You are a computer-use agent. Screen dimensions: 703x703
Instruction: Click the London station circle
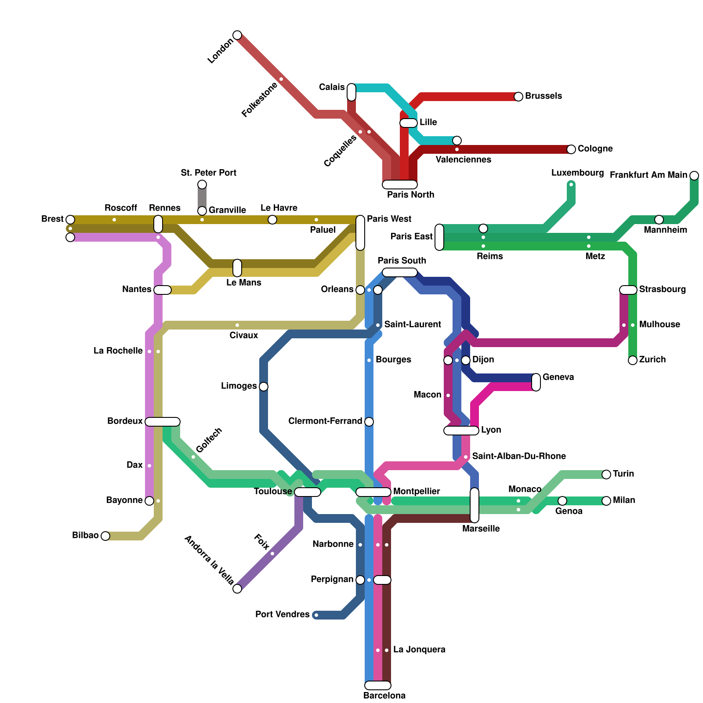(237, 35)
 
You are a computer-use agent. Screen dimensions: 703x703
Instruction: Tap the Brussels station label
(543, 96)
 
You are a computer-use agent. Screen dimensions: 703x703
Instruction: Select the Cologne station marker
(571, 149)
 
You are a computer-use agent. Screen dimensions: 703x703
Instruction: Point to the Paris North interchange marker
(400, 185)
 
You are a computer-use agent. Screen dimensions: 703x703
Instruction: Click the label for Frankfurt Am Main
(648, 175)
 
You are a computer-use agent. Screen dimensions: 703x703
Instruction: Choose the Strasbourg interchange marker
(628, 290)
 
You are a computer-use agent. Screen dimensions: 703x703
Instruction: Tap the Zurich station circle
(633, 360)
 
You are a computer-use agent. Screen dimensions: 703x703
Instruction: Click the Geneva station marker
(536, 382)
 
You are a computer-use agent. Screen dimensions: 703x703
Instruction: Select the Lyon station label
(491, 430)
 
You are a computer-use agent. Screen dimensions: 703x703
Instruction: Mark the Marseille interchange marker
(475, 505)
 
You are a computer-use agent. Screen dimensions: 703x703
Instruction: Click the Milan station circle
(606, 501)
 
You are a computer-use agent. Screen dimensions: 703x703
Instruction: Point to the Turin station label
(623, 474)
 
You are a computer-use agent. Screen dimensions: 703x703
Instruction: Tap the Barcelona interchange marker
(378, 685)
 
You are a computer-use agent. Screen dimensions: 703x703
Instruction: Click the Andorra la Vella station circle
(237, 589)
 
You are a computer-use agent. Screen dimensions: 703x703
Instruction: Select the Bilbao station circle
(105, 536)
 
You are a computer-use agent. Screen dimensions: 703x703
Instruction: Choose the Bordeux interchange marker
(163, 422)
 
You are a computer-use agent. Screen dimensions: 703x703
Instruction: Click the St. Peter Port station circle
(202, 185)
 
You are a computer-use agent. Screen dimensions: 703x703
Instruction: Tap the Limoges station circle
(264, 387)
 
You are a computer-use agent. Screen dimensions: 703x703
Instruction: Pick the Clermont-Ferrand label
(325, 421)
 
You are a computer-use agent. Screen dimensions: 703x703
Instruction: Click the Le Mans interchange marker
(237, 268)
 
